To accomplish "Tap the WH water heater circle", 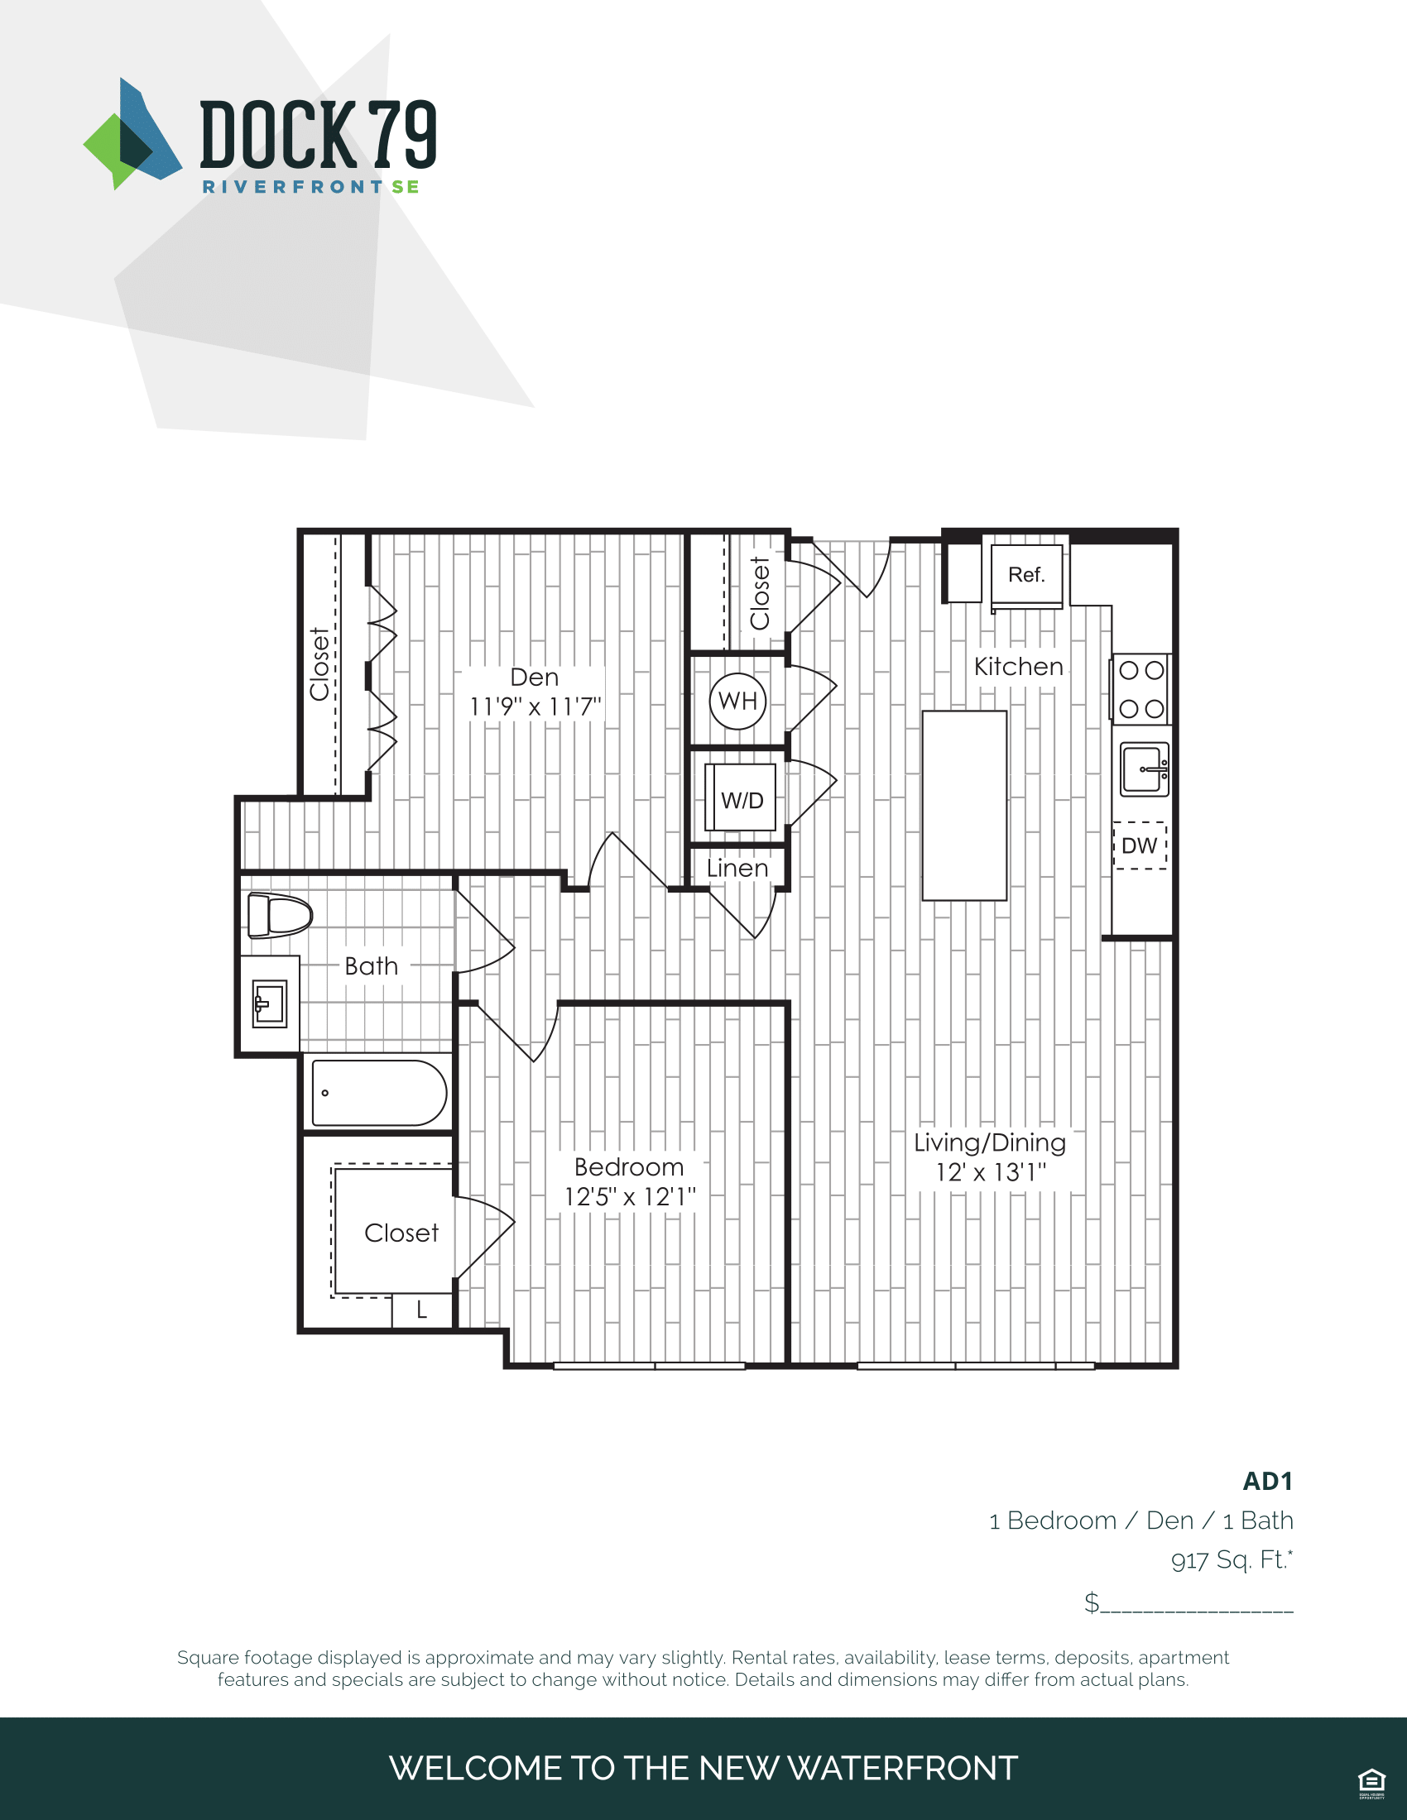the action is (x=737, y=701).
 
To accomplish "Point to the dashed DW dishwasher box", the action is (x=1140, y=845).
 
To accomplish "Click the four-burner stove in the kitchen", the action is (x=1140, y=689).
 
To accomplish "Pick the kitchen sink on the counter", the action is (x=1144, y=769).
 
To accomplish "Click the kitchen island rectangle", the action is (x=964, y=805).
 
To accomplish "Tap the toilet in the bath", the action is (x=279, y=915).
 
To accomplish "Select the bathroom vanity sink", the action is (x=269, y=1003).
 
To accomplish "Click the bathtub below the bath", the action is (x=379, y=1093).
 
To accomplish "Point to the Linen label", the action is (x=737, y=869).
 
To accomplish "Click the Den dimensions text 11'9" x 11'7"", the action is (x=535, y=706).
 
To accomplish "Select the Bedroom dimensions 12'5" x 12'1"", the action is (x=630, y=1198).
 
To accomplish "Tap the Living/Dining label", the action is (x=989, y=1142).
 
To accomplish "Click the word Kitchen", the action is (x=1019, y=667).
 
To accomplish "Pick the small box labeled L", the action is (x=423, y=1310).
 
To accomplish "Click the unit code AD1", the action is (x=1268, y=1481).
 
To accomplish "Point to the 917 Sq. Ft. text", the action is (x=1232, y=1559).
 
